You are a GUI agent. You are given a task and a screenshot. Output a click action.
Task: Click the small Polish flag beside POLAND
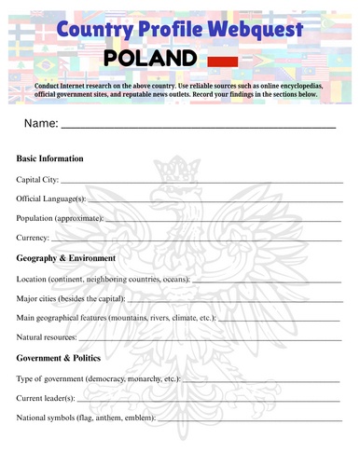(222, 62)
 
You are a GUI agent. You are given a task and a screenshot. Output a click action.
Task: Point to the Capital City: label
(37, 179)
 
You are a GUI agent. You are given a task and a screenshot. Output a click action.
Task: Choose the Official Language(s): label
(51, 199)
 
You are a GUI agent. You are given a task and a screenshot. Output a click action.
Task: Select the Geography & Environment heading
(66, 258)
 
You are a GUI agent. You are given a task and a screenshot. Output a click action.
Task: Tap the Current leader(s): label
(46, 398)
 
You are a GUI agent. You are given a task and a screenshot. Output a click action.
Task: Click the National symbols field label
(88, 418)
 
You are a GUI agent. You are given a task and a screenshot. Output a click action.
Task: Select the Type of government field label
(98, 379)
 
